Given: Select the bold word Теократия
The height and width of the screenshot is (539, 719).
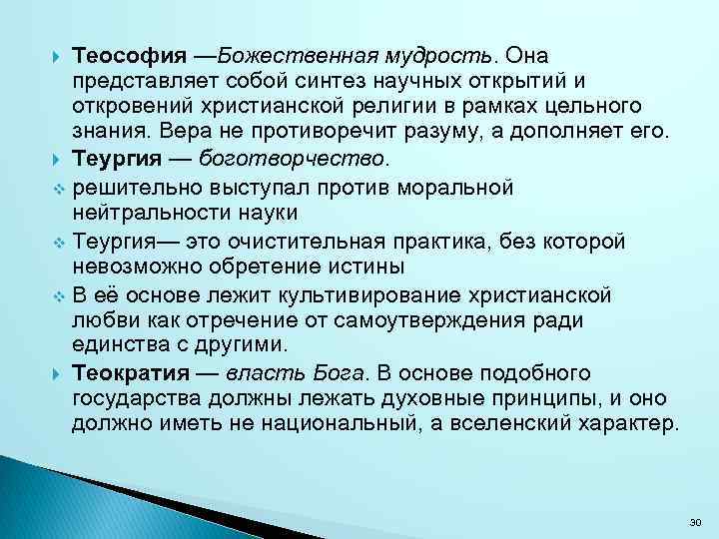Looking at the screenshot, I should coord(131,373).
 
